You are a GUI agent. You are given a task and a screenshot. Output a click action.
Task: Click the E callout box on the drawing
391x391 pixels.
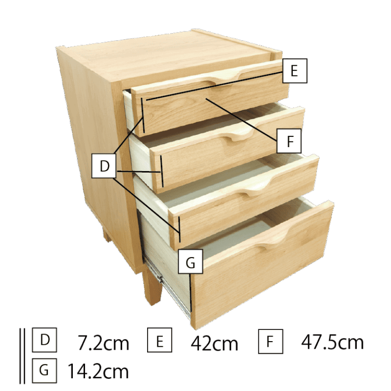tap(295, 71)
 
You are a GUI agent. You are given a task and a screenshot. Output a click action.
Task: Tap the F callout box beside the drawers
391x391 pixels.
tap(289, 141)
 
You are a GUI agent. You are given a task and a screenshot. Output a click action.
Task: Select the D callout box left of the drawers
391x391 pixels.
tap(104, 166)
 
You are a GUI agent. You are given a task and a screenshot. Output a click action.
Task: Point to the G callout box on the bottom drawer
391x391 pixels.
tap(190, 261)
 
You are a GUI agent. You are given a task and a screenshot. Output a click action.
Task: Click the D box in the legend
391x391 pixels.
tap(44, 340)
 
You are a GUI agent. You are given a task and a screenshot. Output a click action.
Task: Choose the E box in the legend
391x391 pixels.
tap(159, 340)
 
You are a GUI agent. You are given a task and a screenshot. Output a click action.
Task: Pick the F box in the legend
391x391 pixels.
tap(270, 342)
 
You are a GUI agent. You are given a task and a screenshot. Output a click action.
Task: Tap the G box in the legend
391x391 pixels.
tap(44, 371)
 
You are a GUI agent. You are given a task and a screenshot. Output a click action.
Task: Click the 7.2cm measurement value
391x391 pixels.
tap(103, 343)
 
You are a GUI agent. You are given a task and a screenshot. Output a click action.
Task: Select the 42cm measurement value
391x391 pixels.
tap(214, 343)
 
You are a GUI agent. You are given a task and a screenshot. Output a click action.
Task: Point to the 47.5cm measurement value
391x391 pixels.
tap(332, 342)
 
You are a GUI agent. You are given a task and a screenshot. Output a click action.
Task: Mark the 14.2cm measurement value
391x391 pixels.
tap(98, 371)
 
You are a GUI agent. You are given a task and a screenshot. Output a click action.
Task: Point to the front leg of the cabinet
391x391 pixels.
tap(152, 287)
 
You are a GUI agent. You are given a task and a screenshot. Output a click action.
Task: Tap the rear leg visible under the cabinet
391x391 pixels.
tap(107, 236)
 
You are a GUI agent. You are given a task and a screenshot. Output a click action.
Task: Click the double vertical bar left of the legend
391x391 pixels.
tap(22, 356)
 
